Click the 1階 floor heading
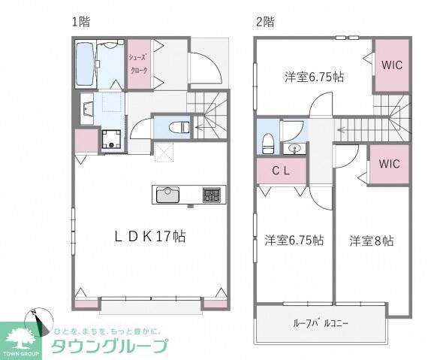click(81, 22)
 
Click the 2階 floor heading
click(265, 22)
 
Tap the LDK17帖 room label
click(150, 237)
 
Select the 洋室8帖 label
click(372, 241)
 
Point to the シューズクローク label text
click(139, 64)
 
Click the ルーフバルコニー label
click(321, 323)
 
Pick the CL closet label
click(281, 171)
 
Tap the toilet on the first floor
click(179, 128)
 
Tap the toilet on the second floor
click(268, 144)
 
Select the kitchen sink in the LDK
click(167, 195)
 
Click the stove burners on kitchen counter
click(212, 195)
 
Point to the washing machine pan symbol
click(111, 139)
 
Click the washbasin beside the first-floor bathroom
click(88, 108)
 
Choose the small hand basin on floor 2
click(294, 149)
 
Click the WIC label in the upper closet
click(392, 65)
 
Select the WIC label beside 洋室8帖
click(389, 164)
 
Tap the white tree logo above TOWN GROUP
click(20, 338)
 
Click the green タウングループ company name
click(110, 346)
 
